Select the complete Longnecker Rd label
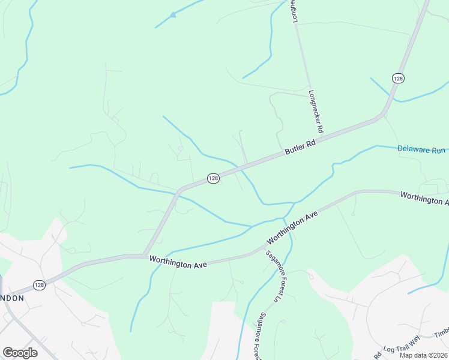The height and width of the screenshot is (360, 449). coord(316,112)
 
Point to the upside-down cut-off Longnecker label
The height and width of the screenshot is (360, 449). coord(295,11)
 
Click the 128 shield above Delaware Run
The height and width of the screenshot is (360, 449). coord(399,78)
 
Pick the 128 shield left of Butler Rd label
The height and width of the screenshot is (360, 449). coord(213,178)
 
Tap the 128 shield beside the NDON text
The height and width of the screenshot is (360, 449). coord(39,285)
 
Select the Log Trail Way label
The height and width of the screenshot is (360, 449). coord(403,349)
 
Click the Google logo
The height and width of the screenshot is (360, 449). coord(20,353)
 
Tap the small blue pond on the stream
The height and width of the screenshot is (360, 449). coord(173,15)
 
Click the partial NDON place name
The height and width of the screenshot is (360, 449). coord(12,298)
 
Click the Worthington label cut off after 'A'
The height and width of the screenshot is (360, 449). coord(424,199)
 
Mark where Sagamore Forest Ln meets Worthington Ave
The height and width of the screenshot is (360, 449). coord(265,245)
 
